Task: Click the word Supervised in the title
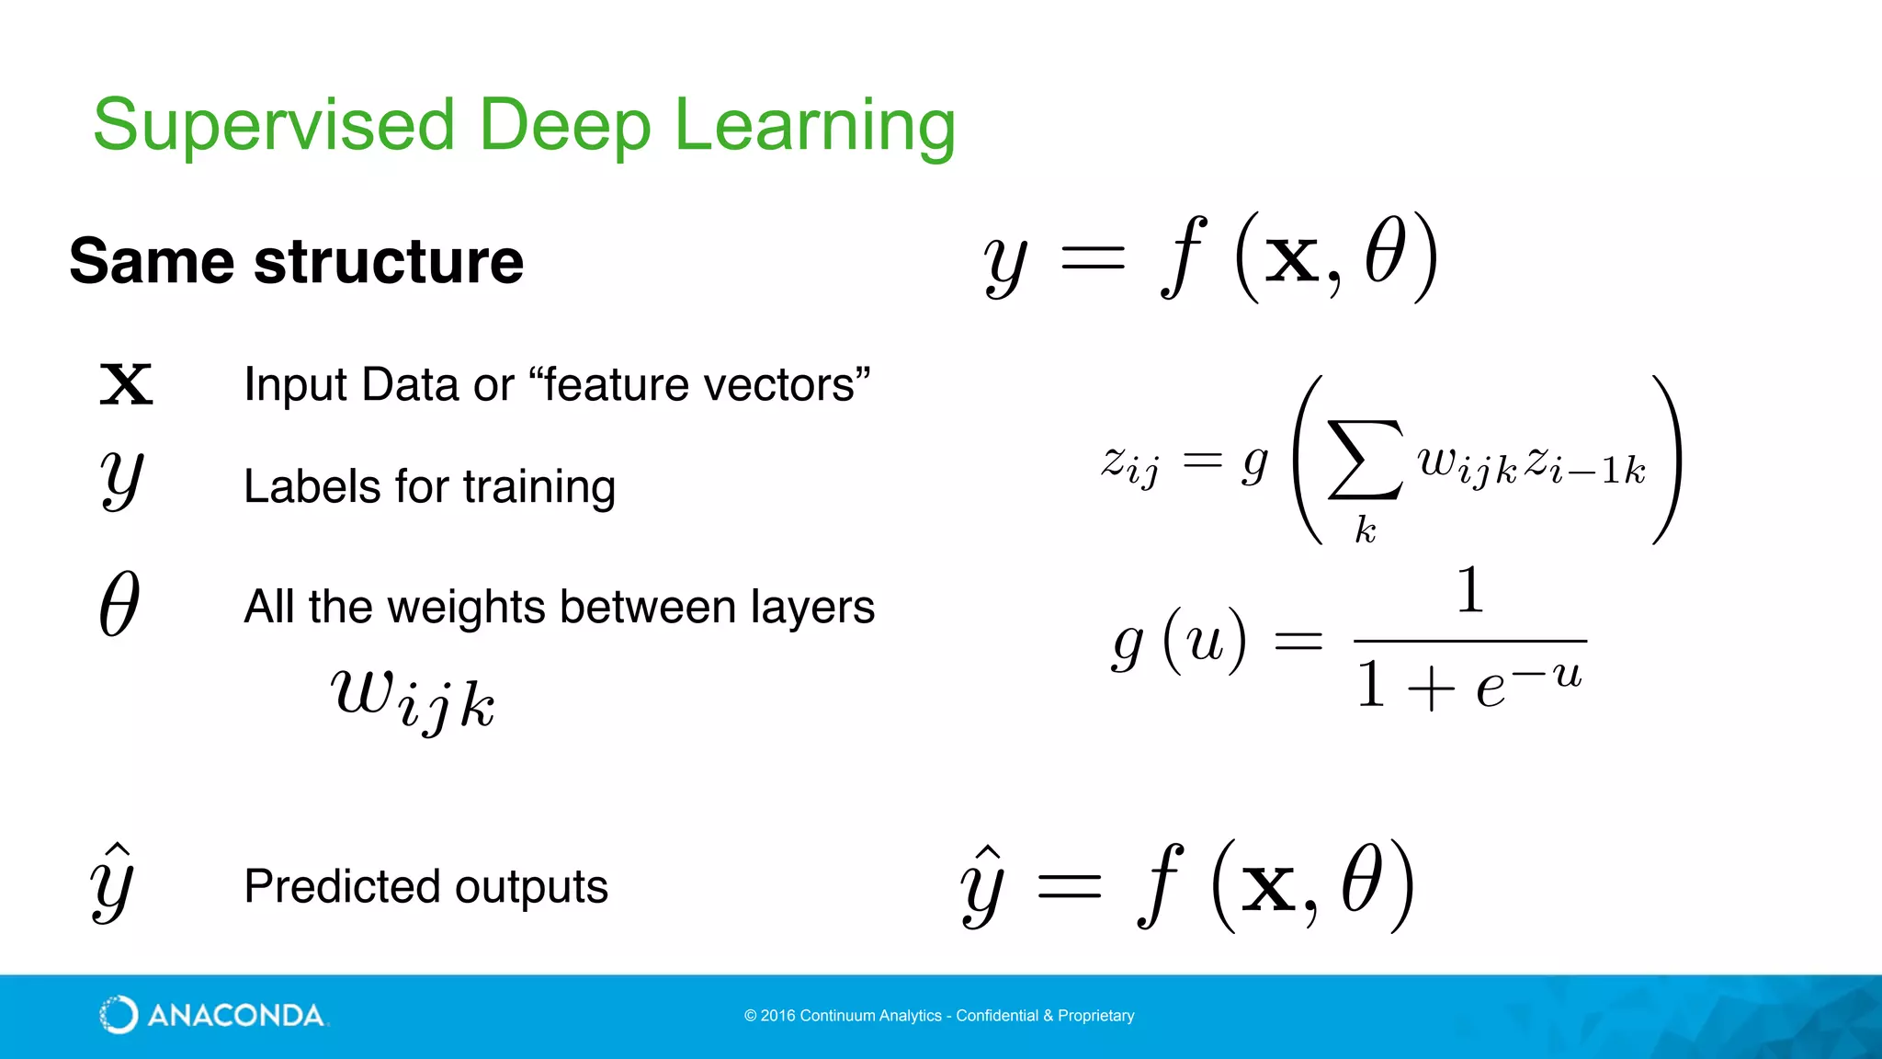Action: click(274, 125)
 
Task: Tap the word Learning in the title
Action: click(814, 125)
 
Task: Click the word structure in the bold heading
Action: click(389, 262)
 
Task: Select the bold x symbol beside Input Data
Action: click(126, 384)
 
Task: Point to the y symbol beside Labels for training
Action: click(121, 479)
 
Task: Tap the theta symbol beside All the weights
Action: click(119, 604)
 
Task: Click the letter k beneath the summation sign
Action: click(1366, 529)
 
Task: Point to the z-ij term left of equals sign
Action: click(1129, 463)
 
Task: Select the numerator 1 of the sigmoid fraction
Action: click(1470, 590)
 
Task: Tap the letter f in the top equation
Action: click(1184, 257)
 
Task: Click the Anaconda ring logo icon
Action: click(119, 1015)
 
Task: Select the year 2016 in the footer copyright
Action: click(777, 1016)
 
